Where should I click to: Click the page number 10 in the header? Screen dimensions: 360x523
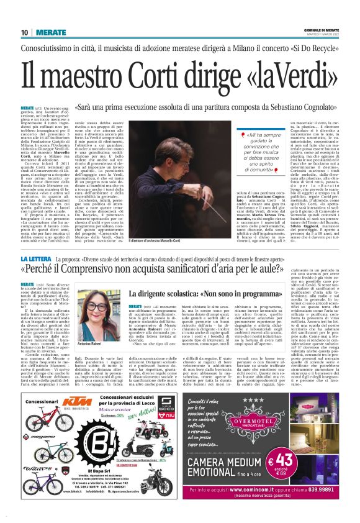coord(24,32)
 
